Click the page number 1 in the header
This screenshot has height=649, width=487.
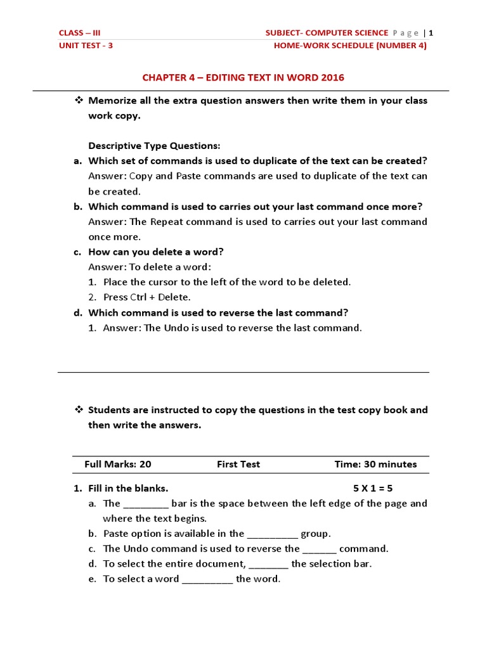(431, 33)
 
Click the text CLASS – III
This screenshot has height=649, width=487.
(79, 33)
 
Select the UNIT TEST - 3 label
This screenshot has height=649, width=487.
(86, 46)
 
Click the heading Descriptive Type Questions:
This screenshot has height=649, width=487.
(154, 146)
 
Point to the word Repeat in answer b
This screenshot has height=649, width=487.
(166, 222)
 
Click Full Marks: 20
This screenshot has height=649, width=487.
(118, 464)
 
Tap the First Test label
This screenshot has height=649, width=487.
(238, 464)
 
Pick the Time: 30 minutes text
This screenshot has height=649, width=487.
(375, 464)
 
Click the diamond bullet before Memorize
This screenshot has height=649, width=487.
(79, 100)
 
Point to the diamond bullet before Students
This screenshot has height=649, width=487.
(79, 409)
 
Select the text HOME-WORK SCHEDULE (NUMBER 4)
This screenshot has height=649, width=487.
(350, 46)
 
